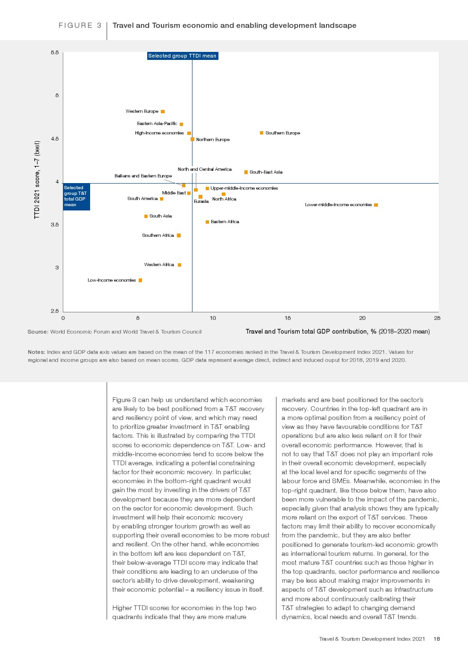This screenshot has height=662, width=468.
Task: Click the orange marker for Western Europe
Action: click(x=163, y=112)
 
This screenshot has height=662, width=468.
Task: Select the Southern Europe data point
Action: click(x=261, y=133)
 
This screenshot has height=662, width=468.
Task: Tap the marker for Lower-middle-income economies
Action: click(x=376, y=205)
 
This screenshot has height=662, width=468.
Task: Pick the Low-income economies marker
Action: click(x=140, y=280)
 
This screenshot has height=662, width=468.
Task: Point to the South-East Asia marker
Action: click(x=246, y=172)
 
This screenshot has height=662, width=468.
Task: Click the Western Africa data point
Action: click(x=179, y=265)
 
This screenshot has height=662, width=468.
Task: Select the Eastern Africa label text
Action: click(x=225, y=222)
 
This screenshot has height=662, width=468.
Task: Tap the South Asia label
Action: click(x=160, y=216)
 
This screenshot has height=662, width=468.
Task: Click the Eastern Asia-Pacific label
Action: click(x=157, y=124)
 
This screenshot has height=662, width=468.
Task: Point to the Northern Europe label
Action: click(x=213, y=140)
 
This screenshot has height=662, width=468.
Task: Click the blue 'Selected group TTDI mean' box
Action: click(x=182, y=56)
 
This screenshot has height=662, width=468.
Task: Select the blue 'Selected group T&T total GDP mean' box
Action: click(x=76, y=196)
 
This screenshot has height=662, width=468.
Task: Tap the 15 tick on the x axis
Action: click(x=288, y=318)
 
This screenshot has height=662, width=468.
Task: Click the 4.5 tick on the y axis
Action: click(x=55, y=139)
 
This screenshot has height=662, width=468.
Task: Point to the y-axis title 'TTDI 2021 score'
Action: click(x=37, y=180)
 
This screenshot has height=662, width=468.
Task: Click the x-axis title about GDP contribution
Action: click(x=337, y=332)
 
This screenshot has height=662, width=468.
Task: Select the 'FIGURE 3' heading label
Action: click(x=80, y=25)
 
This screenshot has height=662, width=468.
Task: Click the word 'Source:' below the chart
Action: click(x=38, y=332)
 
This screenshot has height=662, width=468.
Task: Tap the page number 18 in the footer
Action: click(x=436, y=639)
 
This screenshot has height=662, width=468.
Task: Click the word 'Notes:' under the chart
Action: click(x=36, y=352)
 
